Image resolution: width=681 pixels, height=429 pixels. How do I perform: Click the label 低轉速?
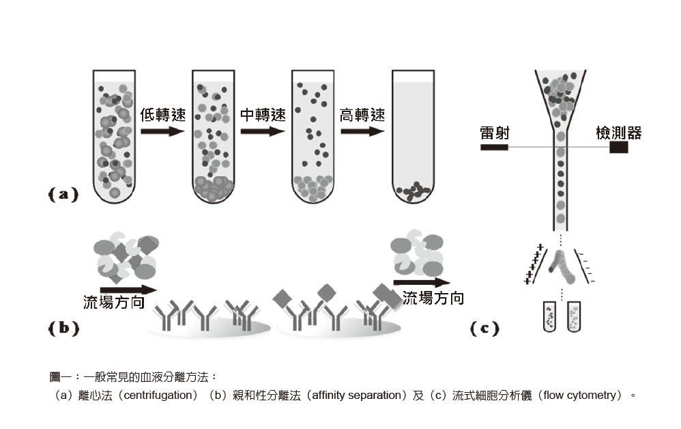click(x=162, y=115)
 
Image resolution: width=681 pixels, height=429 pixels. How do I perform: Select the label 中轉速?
click(x=262, y=115)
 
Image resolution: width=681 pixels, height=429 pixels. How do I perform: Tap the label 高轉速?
click(x=362, y=115)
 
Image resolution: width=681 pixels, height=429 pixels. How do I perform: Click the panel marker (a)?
click(x=63, y=195)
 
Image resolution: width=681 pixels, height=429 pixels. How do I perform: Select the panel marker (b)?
click(x=63, y=328)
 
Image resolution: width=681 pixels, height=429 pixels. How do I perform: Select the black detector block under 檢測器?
click(x=618, y=147)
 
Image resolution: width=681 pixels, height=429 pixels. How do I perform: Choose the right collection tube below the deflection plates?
click(x=573, y=316)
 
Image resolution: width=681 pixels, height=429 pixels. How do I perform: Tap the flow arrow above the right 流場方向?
click(x=421, y=281)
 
